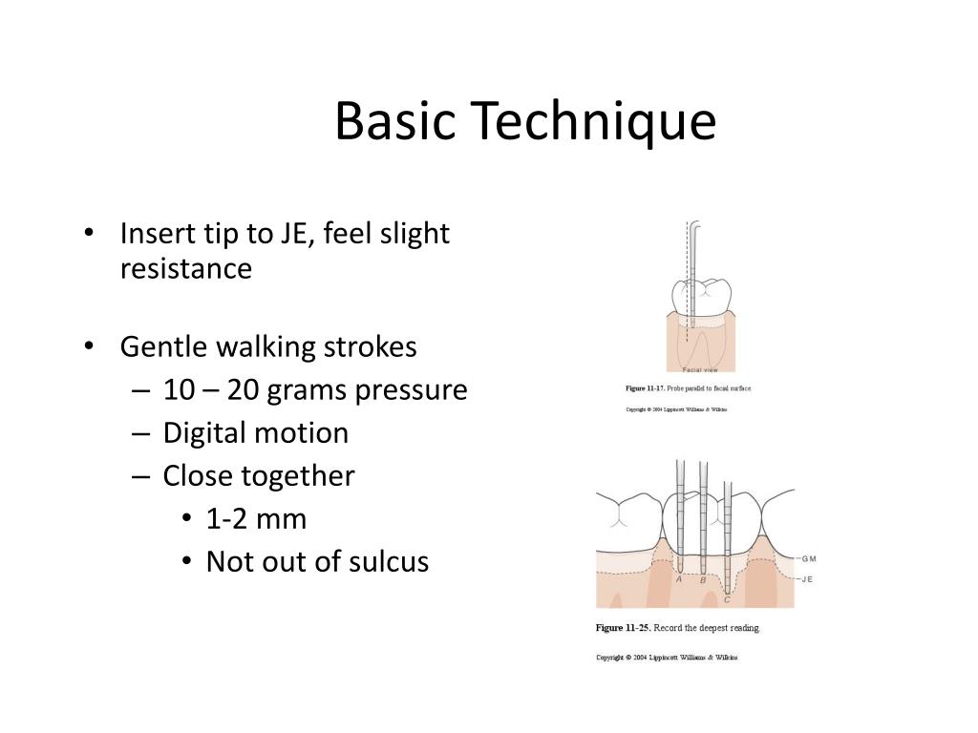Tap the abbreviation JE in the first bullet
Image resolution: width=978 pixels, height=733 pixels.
point(292,234)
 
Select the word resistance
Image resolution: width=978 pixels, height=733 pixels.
point(185,269)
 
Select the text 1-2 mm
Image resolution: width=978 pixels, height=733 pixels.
point(256,519)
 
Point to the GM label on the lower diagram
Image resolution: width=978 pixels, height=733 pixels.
point(809,559)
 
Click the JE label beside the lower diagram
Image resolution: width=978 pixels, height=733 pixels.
point(807,579)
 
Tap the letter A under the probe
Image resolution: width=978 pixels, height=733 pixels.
point(679,579)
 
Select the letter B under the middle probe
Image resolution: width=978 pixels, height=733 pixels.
point(704,580)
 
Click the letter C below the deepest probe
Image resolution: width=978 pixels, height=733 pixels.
point(728,599)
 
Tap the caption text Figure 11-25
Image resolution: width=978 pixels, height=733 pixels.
point(622,628)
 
